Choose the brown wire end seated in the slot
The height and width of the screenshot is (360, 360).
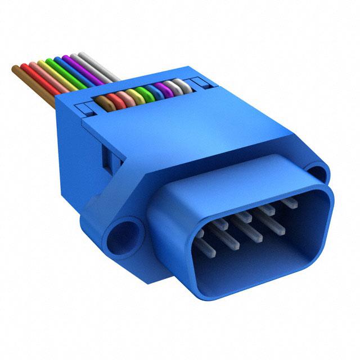[x=101, y=101]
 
